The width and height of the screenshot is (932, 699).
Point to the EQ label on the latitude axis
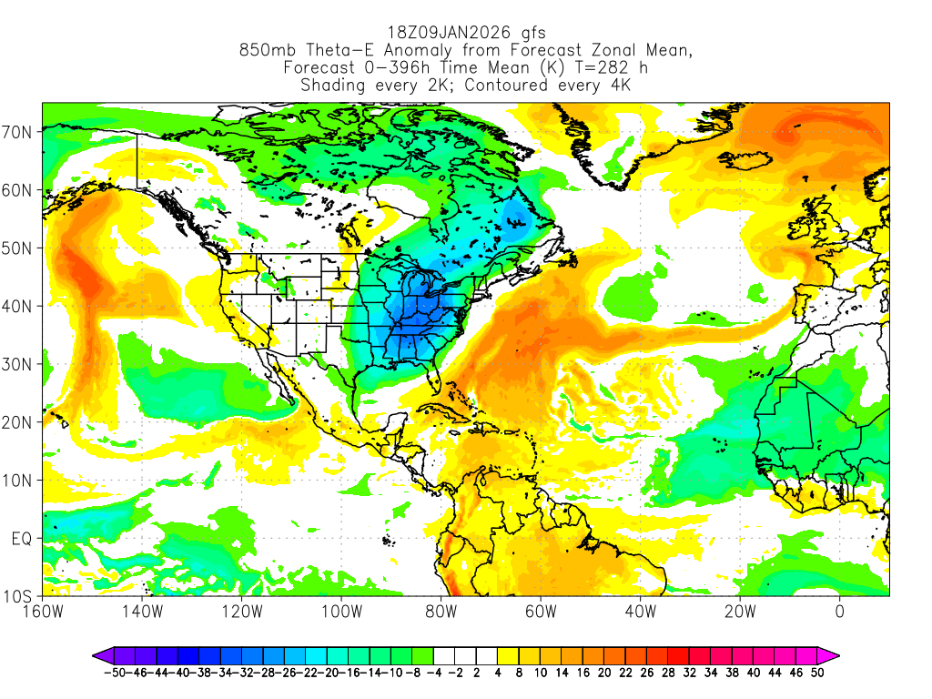pyautogui.click(x=22, y=539)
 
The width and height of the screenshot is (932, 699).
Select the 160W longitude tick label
pyautogui.click(x=42, y=611)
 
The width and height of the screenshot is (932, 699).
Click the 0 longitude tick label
pyautogui.click(x=839, y=611)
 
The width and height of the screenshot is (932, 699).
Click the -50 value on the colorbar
pyautogui.click(x=113, y=673)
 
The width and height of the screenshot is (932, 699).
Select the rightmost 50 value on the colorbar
pyautogui.click(x=817, y=673)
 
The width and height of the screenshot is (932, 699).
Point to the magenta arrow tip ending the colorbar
pyautogui.click(x=833, y=654)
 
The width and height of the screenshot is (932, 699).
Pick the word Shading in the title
pyautogui.click(x=332, y=86)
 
